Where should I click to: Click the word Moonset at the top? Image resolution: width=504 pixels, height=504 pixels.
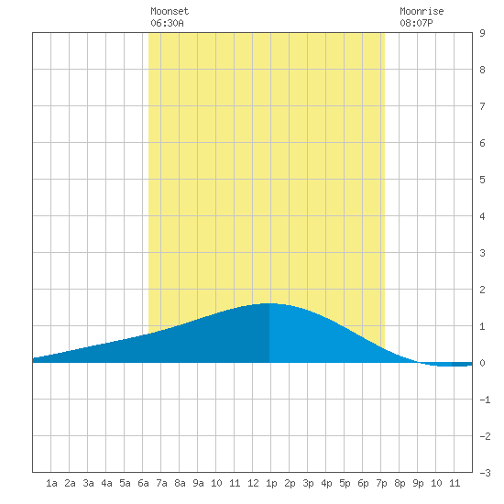pos(170,11)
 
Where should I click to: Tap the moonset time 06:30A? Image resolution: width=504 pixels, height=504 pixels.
pos(167,23)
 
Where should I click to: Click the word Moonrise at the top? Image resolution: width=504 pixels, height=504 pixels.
pos(422,11)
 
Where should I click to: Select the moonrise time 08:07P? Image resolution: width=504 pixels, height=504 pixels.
pos(416,23)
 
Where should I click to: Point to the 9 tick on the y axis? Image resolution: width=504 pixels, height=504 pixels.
pos(482,33)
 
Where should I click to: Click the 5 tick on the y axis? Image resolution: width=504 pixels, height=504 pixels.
pos(482,180)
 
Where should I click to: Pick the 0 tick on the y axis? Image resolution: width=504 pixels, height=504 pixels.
pos(482,363)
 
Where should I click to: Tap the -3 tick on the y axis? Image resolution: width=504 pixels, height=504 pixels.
pos(485,473)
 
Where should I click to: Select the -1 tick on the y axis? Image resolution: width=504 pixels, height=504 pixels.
pos(485,400)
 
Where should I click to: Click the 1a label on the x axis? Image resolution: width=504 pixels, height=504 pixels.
pos(51,483)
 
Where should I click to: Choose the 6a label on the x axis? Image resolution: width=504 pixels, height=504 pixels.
pos(143,483)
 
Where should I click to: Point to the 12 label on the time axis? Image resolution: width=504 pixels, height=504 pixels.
pos(253,483)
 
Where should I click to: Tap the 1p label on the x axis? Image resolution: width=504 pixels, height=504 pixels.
pos(271,484)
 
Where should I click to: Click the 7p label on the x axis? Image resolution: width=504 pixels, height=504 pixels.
pos(381,484)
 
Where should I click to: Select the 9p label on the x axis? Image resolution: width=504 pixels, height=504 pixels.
pos(418,484)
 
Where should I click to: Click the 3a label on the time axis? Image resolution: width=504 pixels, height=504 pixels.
pos(88,483)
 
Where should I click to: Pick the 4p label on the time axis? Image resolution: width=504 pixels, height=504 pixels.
pos(326,484)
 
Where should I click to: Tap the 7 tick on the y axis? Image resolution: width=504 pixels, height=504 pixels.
pos(482,106)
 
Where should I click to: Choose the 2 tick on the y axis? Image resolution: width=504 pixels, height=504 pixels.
pos(482,290)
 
